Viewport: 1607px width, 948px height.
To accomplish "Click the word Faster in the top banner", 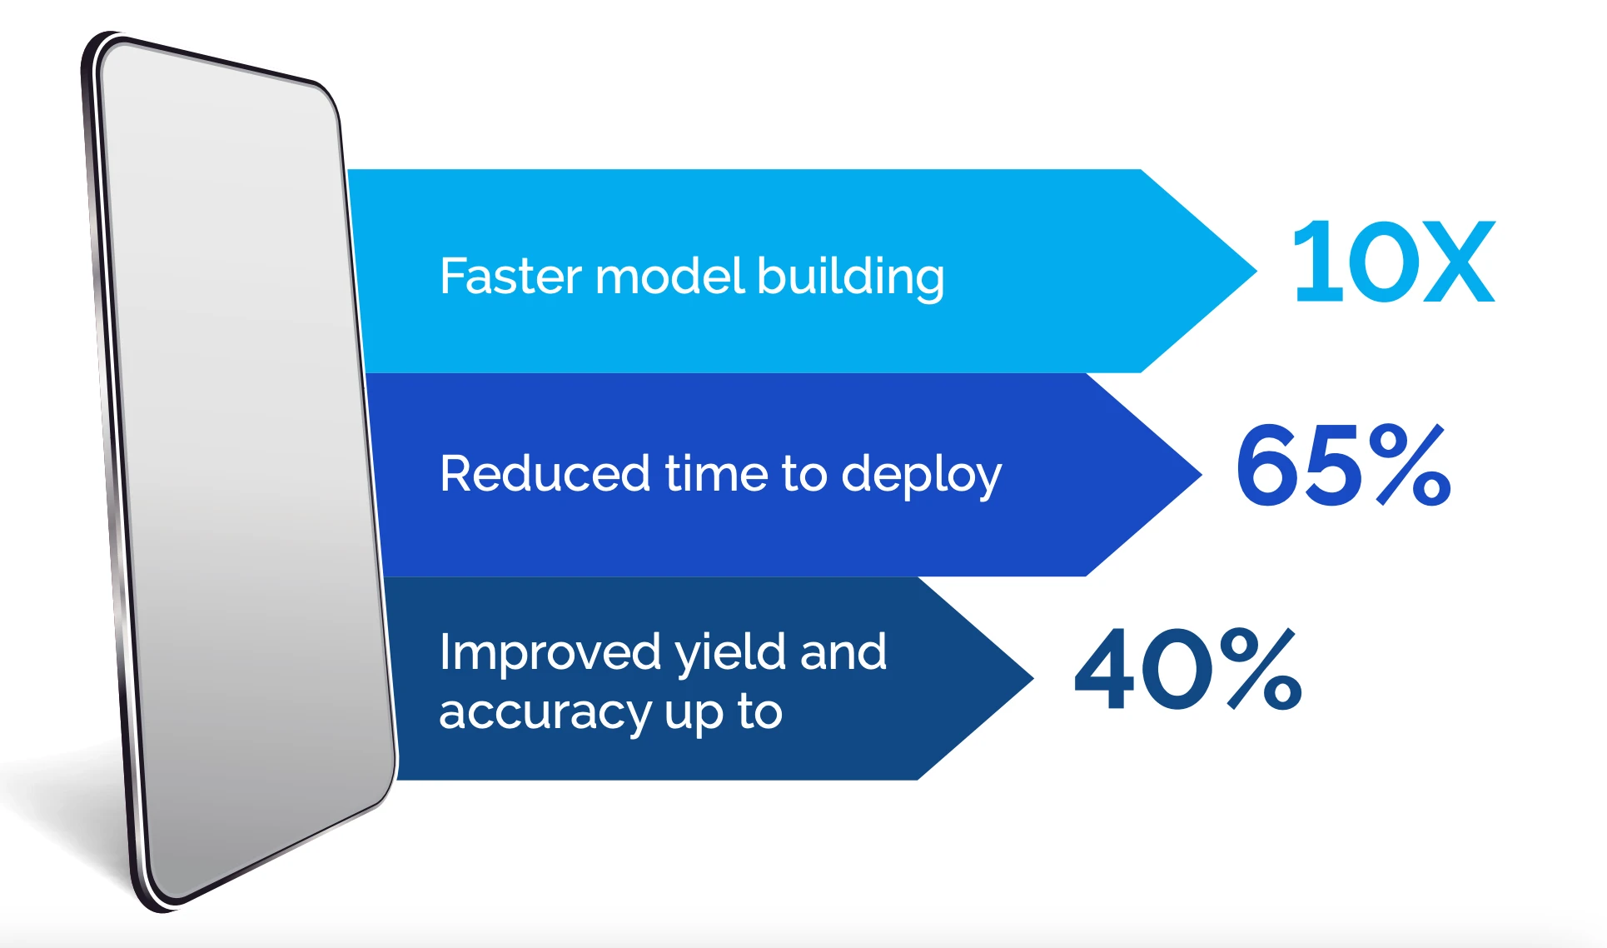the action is [x=510, y=276].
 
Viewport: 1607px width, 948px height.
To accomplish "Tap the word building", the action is [x=851, y=277].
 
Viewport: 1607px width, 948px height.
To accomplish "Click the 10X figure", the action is [x=1394, y=262].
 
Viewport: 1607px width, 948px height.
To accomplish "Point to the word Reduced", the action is [x=545, y=473].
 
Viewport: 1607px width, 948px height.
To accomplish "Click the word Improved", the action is [x=550, y=652].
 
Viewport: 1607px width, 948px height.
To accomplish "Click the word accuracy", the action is [x=545, y=713].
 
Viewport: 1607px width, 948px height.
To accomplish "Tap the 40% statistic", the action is [x=1188, y=669].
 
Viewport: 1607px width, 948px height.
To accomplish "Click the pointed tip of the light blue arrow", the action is [x=1256, y=270].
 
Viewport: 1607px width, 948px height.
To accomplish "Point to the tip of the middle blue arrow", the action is [x=1201, y=474].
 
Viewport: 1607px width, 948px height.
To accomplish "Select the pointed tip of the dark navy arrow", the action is [x=1032, y=678].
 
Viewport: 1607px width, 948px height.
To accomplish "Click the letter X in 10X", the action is [x=1459, y=262].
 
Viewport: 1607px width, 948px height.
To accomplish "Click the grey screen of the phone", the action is [x=241, y=467].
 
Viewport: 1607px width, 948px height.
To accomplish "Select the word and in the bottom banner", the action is [x=843, y=652].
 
